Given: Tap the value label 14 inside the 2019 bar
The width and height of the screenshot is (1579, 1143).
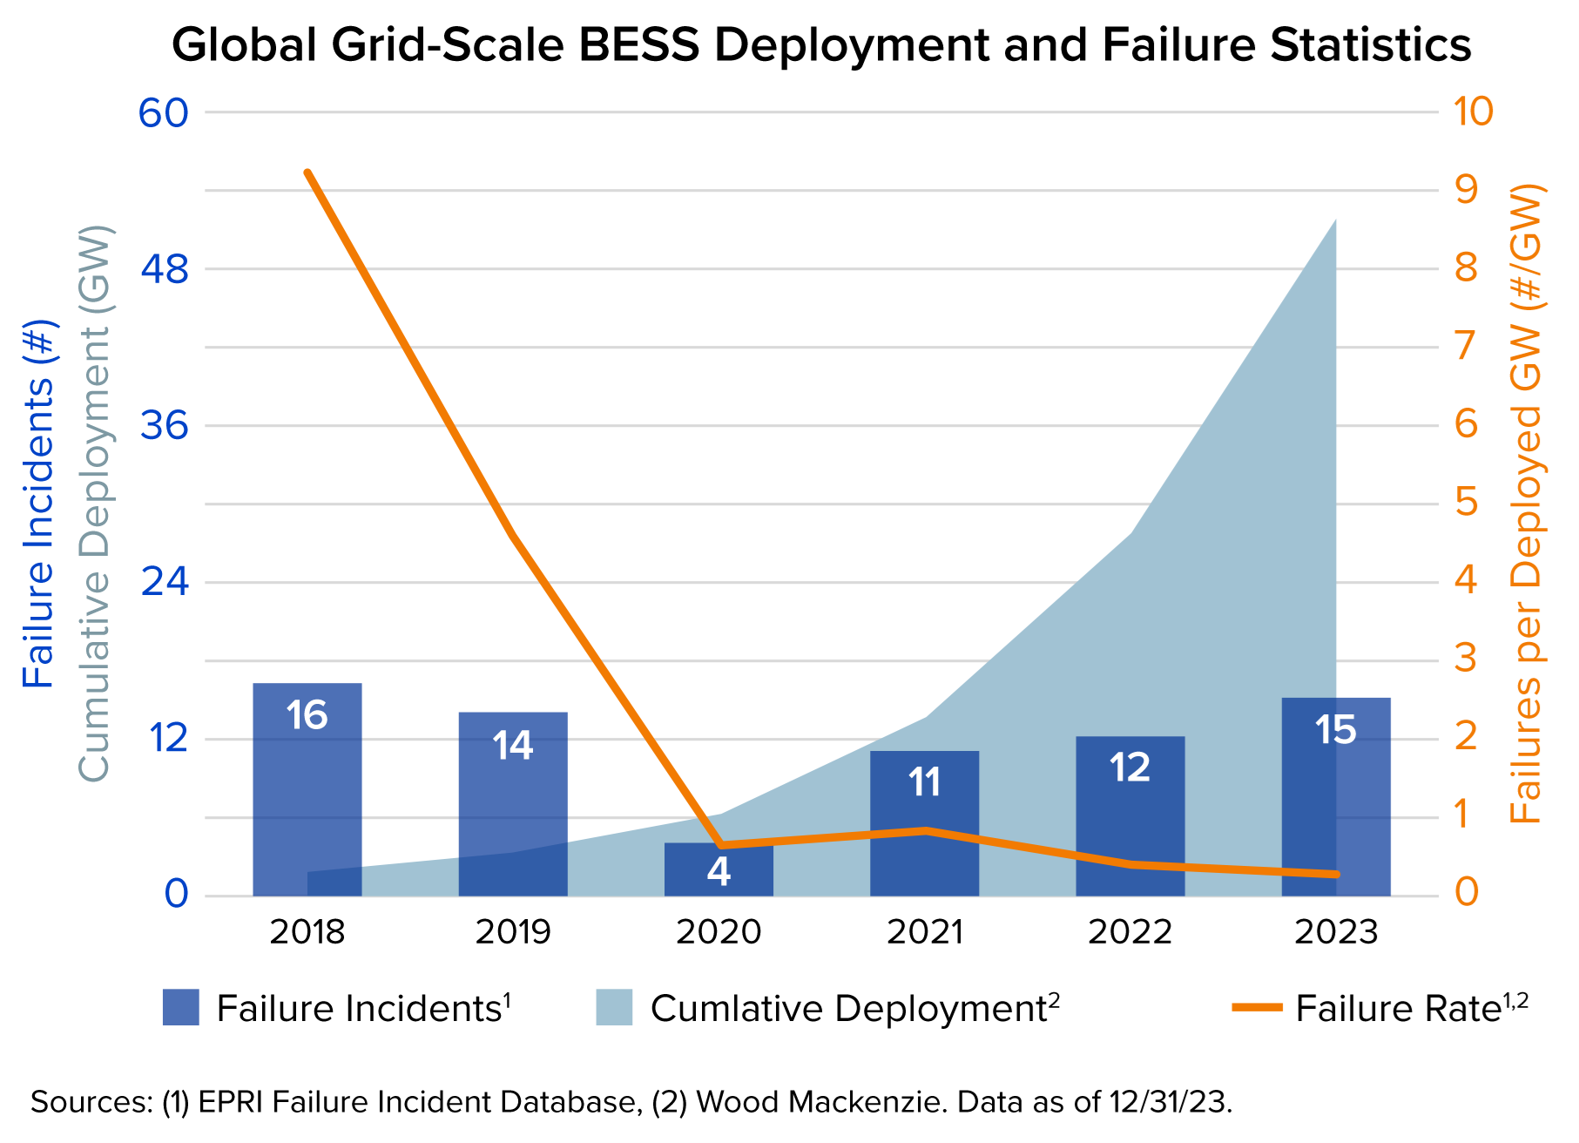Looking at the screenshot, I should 512,746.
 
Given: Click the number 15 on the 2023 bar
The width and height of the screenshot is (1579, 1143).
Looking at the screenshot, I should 1335,730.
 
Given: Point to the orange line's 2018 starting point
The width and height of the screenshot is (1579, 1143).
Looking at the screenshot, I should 307,172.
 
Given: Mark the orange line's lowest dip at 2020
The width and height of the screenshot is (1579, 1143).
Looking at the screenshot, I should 720,845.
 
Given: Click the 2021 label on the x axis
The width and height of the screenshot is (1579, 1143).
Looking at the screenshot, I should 924,932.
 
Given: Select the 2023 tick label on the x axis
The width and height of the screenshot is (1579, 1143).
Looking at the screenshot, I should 1335,932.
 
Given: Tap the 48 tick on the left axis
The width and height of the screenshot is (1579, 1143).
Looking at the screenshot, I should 165,269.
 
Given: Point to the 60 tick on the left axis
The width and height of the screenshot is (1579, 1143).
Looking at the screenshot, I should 165,112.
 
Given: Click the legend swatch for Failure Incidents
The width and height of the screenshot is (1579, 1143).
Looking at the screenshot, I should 181,1008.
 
